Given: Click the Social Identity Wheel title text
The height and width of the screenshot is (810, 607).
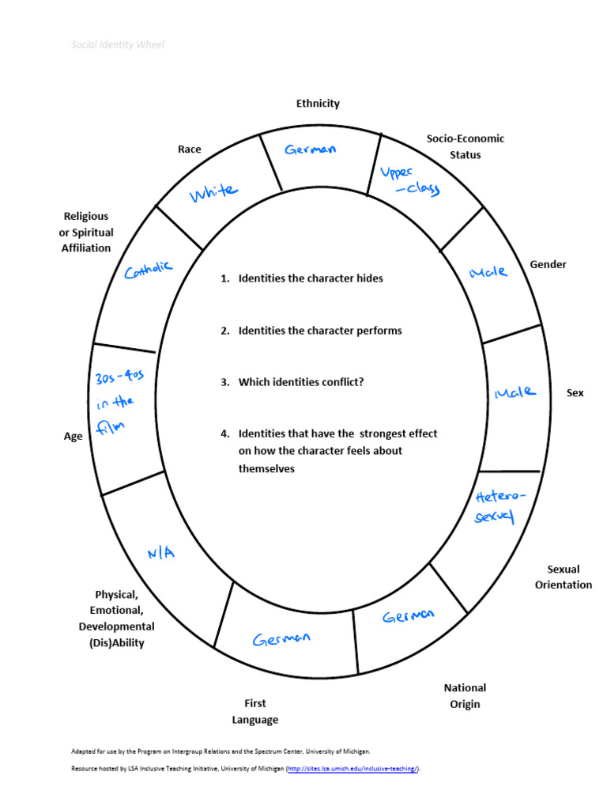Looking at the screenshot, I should click(118, 45).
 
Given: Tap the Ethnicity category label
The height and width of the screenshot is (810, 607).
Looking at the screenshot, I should click(318, 104).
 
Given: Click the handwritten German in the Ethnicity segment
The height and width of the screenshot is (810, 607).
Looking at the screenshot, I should click(311, 150).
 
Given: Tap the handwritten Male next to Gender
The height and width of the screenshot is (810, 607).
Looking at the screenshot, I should click(488, 271).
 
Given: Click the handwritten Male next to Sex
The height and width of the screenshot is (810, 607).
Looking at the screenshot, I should click(515, 392).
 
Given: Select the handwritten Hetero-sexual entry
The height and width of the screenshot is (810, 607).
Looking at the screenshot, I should click(499, 506).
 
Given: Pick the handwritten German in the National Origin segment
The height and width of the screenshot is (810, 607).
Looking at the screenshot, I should click(408, 615).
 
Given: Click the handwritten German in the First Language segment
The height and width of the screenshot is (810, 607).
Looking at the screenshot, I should click(282, 639).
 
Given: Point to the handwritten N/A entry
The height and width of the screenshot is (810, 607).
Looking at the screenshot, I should click(160, 553).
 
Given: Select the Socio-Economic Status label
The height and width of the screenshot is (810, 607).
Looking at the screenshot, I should click(465, 146).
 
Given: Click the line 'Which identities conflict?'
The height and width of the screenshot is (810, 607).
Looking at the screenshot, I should click(301, 382).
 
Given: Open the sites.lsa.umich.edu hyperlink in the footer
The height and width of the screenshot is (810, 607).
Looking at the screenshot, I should click(352, 768).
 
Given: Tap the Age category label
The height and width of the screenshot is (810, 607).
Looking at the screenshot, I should click(74, 436).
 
